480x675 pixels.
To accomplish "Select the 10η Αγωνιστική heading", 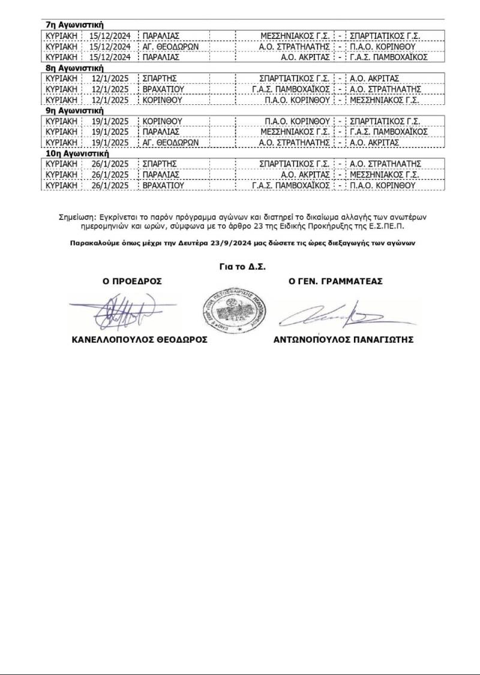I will (x=77, y=153).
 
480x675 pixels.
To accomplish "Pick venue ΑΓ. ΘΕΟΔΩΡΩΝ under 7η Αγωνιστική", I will (x=170, y=46).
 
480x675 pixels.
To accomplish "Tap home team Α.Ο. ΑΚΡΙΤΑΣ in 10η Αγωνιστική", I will (x=305, y=174).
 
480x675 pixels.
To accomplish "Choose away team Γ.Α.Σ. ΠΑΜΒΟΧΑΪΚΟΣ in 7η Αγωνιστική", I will (x=388, y=57).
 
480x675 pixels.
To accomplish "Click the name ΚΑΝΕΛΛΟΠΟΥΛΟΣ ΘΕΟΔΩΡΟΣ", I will (x=139, y=339).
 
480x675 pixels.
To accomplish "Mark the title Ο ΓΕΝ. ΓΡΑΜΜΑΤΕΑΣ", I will (x=336, y=281).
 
